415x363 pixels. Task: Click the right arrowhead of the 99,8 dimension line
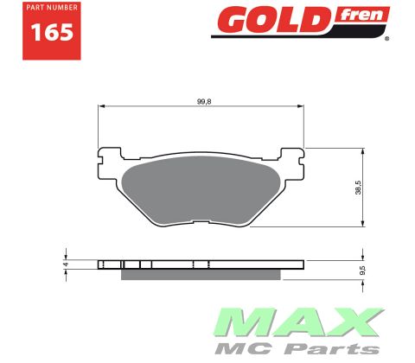303,108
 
